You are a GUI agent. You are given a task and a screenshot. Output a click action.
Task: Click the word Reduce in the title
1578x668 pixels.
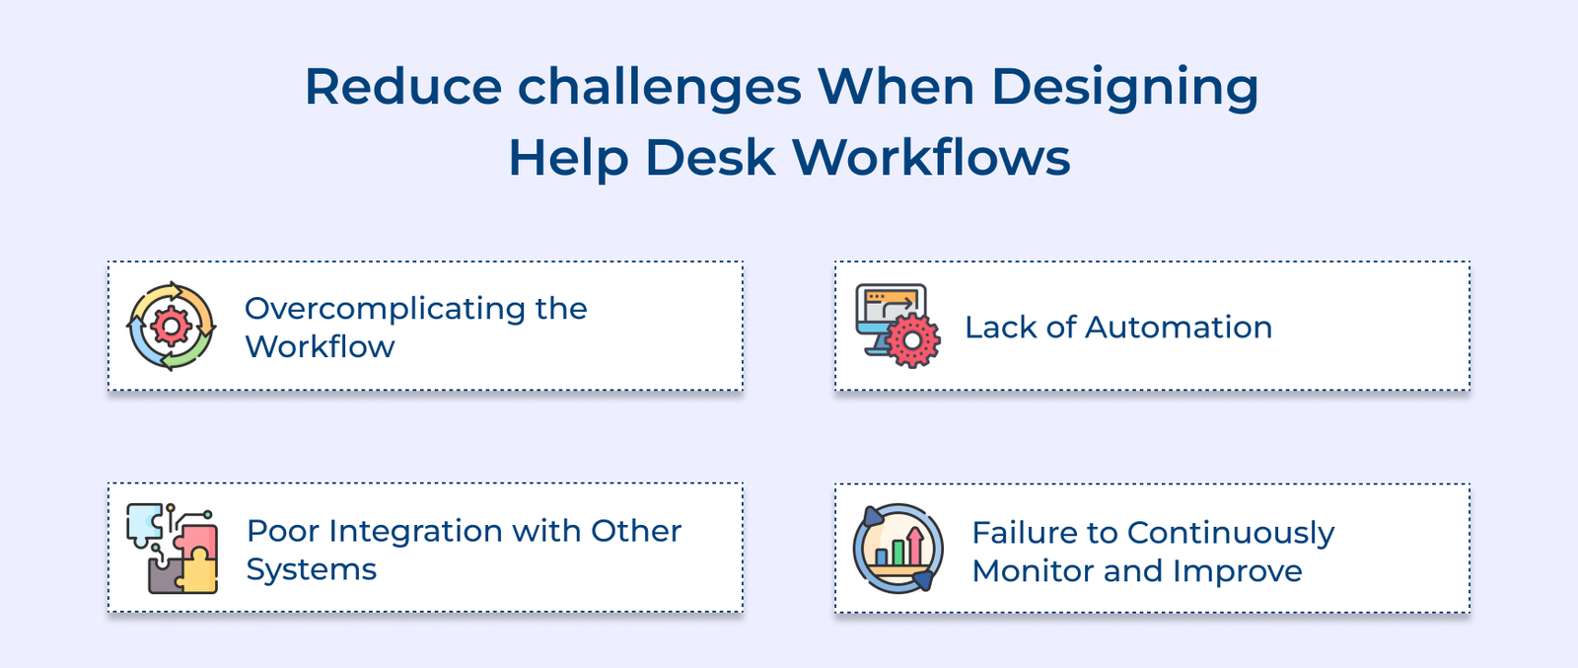click(x=403, y=87)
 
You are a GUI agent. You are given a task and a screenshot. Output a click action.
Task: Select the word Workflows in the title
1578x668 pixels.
click(x=931, y=158)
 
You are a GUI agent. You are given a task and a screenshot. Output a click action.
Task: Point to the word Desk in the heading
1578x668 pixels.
click(x=710, y=158)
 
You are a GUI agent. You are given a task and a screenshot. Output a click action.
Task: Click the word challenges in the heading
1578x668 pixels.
click(x=659, y=87)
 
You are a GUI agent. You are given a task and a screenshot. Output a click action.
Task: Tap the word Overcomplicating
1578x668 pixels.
click(x=385, y=309)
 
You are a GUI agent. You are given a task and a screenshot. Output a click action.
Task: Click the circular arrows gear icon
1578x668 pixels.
click(x=172, y=327)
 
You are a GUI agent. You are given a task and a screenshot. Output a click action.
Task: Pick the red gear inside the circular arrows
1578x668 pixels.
click(x=172, y=327)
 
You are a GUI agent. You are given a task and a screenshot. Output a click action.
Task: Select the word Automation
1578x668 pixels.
click(x=1178, y=328)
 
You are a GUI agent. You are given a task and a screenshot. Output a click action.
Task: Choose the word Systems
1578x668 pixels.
click(x=312, y=570)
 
